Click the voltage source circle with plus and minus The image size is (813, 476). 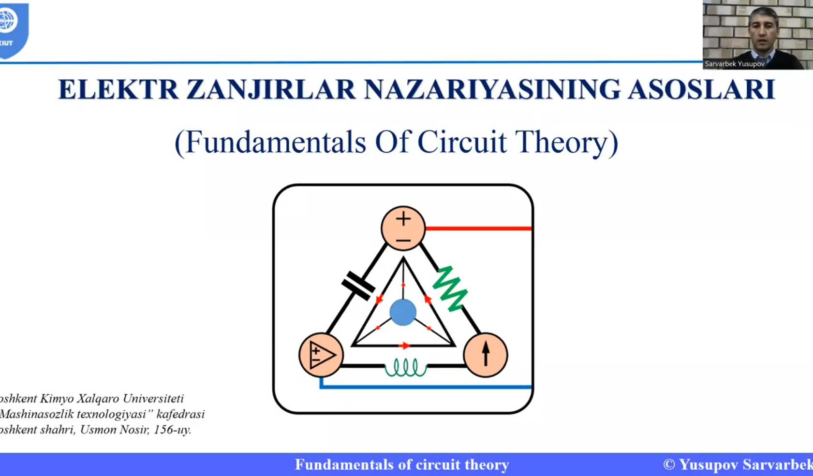tap(403, 228)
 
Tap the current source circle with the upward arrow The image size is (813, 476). tap(486, 355)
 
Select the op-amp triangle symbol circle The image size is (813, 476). tap(321, 355)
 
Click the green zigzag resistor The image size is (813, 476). tap(450, 289)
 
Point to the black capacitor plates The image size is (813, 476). tap(358, 286)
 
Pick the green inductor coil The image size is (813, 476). tap(406, 368)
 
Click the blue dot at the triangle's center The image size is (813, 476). tap(403, 312)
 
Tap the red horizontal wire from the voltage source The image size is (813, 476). tap(479, 229)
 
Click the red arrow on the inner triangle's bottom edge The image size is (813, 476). tap(404, 346)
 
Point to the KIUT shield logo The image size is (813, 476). tap(13, 30)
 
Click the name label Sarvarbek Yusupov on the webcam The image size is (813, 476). tap(735, 64)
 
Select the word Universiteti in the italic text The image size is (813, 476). tap(153, 398)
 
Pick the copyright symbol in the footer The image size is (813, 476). tap(669, 464)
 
